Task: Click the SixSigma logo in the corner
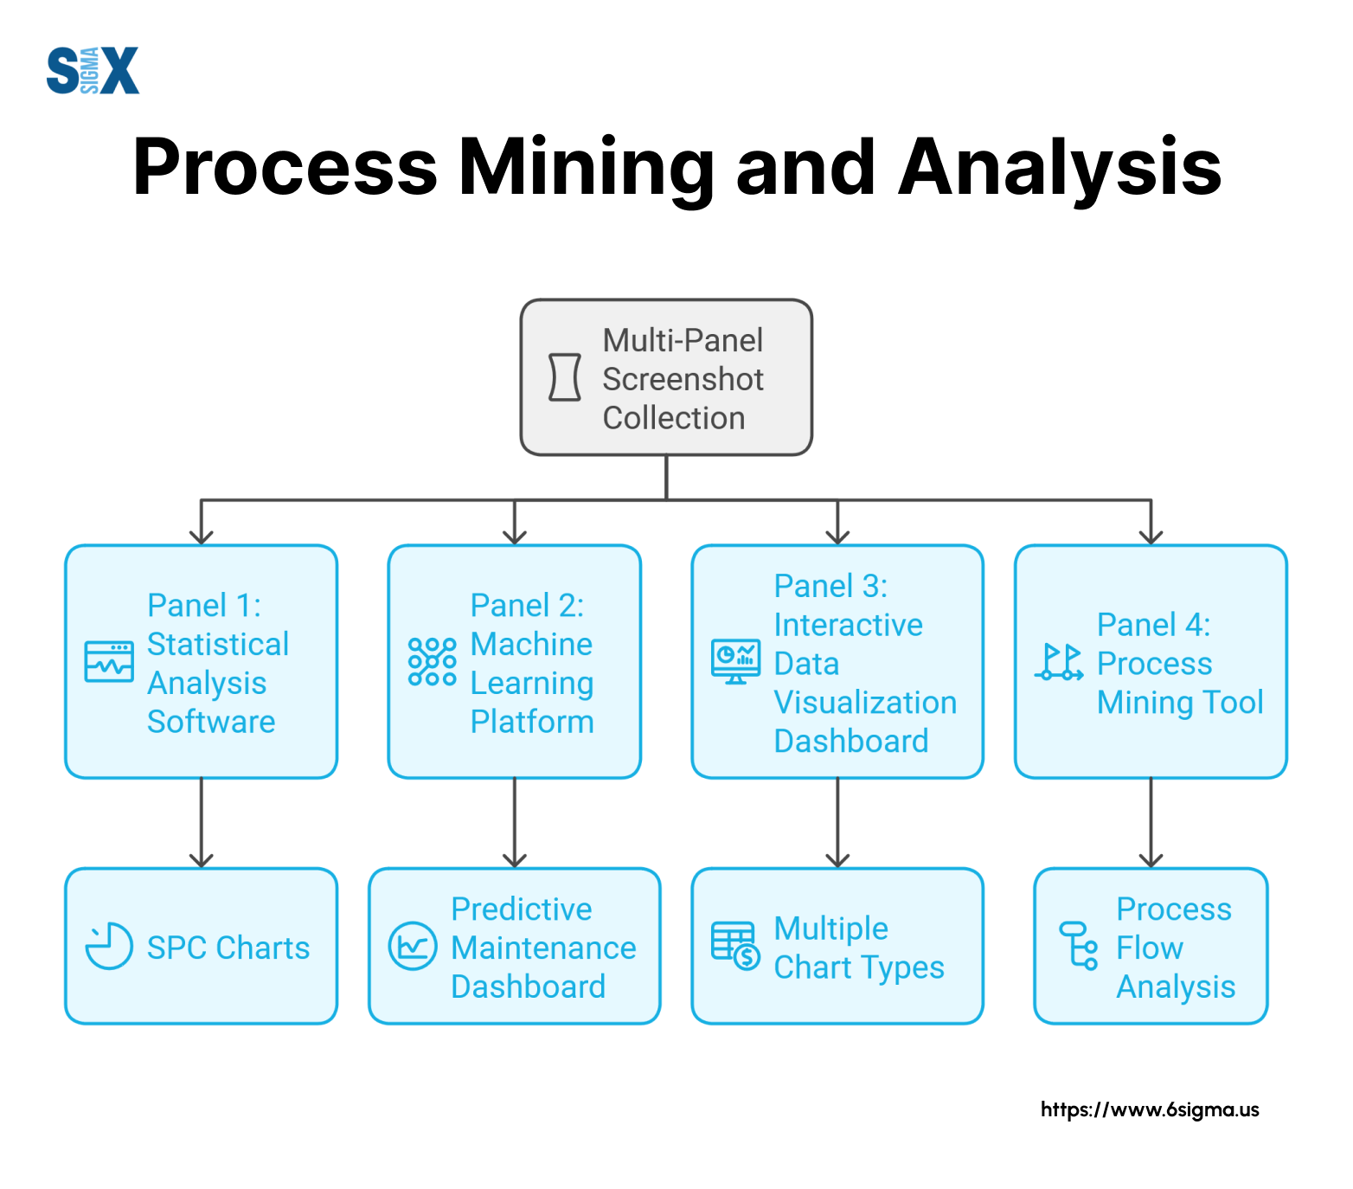(x=93, y=70)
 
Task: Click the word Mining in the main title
(x=586, y=168)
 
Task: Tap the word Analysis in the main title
(x=1061, y=168)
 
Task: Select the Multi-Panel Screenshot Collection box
(x=666, y=377)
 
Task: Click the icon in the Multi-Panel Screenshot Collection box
(x=565, y=377)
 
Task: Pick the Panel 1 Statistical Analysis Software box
(x=202, y=662)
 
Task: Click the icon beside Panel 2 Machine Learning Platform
(x=432, y=662)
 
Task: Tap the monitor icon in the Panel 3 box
(x=735, y=662)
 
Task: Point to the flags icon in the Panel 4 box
(x=1059, y=662)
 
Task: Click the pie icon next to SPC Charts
(x=109, y=946)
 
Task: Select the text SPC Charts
(x=228, y=948)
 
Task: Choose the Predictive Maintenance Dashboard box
(x=515, y=946)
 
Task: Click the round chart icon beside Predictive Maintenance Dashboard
(x=413, y=946)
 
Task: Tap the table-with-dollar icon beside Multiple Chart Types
(x=735, y=946)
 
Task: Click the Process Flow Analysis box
(x=1151, y=946)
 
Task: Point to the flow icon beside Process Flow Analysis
(x=1079, y=946)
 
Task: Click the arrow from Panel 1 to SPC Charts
(x=202, y=823)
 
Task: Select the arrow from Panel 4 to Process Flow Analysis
(x=1151, y=823)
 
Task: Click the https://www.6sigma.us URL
(x=1150, y=1110)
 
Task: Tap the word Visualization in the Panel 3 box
(x=865, y=702)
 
